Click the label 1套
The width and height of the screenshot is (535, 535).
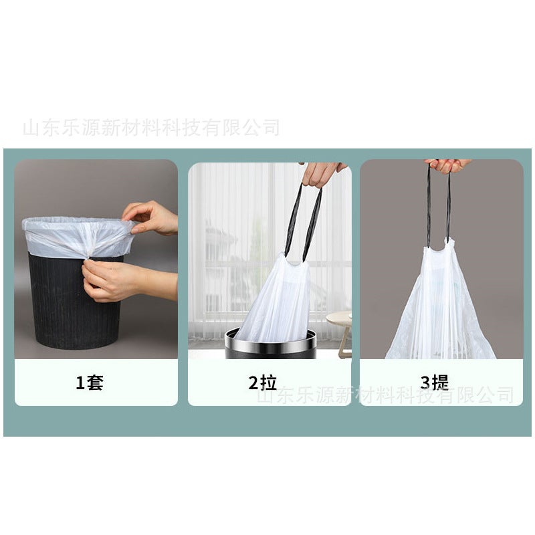click(x=89, y=383)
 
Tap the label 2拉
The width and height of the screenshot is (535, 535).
click(x=262, y=383)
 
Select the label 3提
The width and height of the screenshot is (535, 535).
click(x=434, y=383)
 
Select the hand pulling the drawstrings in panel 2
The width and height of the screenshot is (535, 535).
click(x=323, y=173)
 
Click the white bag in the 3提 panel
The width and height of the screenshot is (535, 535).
click(x=441, y=308)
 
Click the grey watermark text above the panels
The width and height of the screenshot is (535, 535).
click(x=150, y=127)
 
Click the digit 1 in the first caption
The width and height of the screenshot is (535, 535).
click(x=80, y=383)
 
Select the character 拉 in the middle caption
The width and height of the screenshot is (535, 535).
click(x=268, y=383)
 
